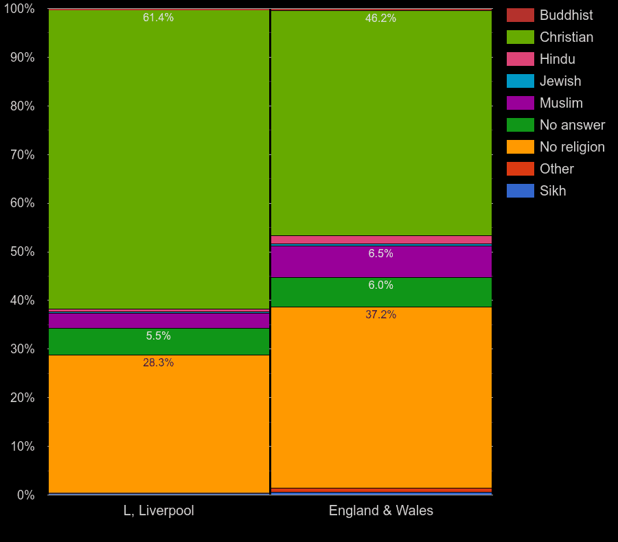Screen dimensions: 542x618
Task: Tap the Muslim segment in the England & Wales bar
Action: (x=381, y=264)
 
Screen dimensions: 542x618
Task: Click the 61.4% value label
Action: (x=158, y=18)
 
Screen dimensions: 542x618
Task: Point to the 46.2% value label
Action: (x=380, y=19)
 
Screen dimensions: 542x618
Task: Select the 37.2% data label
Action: (x=380, y=315)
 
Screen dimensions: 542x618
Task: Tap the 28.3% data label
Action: (x=158, y=363)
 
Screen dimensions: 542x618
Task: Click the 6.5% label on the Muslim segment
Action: (x=380, y=254)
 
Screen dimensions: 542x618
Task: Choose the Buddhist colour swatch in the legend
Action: (x=520, y=15)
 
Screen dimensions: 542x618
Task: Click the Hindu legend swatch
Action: (x=520, y=59)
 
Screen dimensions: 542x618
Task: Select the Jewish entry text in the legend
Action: (x=560, y=81)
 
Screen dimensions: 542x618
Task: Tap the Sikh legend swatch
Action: (x=520, y=191)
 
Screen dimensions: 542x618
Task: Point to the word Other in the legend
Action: (x=556, y=169)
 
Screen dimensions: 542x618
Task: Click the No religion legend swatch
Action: (x=520, y=147)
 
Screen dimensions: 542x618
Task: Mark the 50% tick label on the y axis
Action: (x=22, y=252)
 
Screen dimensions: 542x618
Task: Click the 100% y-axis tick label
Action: (x=19, y=9)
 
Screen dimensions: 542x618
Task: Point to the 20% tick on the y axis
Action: (x=22, y=398)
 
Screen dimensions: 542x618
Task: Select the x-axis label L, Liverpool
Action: (x=159, y=511)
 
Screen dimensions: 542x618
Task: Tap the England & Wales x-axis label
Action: (x=381, y=511)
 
